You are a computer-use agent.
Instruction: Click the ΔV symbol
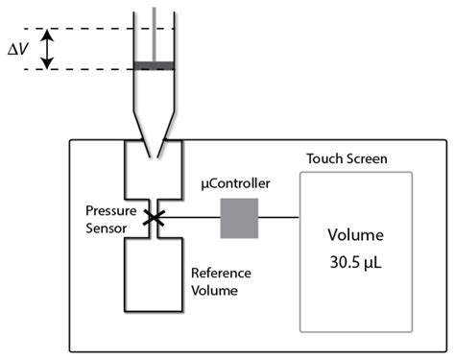(x=19, y=47)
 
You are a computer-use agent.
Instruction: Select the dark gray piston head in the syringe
(x=155, y=65)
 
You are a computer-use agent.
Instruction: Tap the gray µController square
(x=240, y=219)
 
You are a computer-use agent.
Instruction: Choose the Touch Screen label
(x=347, y=158)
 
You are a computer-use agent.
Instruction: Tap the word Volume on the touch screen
(x=356, y=234)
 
